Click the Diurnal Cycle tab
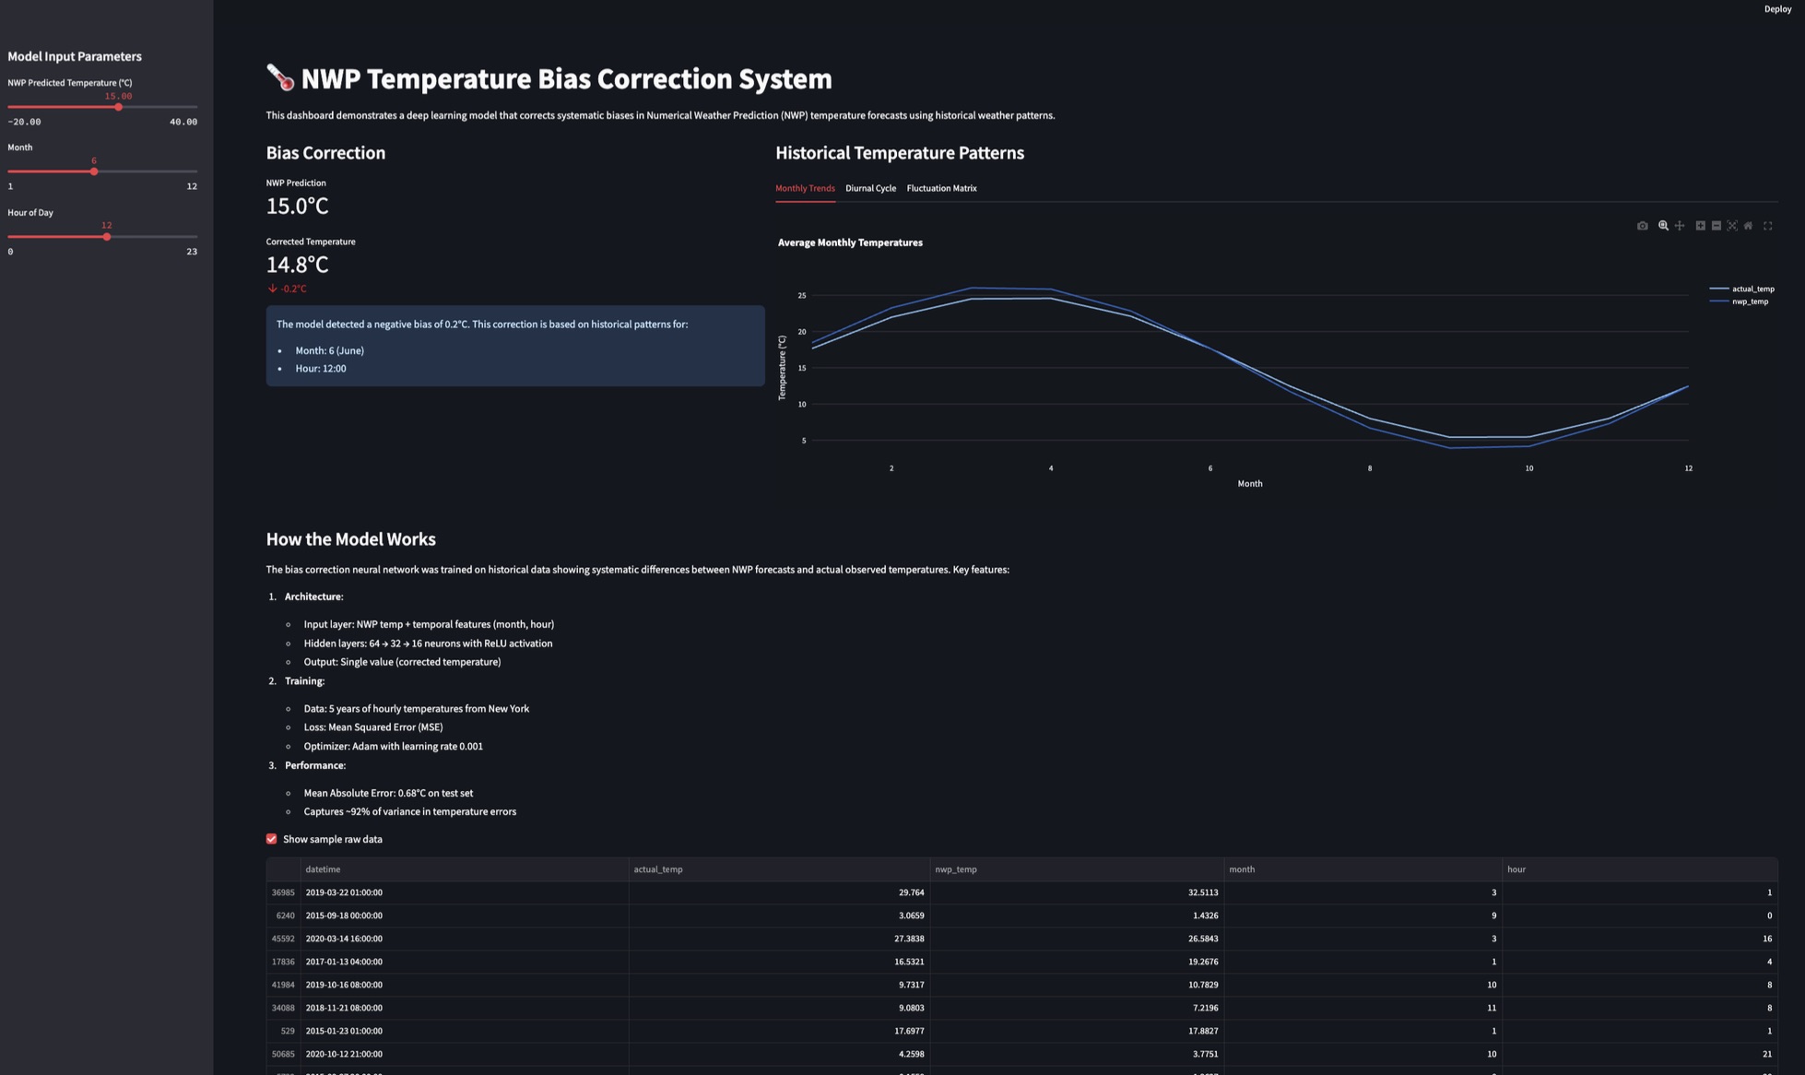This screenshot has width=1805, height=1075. point(870,188)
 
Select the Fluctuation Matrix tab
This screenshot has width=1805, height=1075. point(941,188)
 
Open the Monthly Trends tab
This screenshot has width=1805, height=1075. point(805,188)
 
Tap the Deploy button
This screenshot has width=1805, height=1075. point(1777,9)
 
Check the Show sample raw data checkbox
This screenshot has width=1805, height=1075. point(272,839)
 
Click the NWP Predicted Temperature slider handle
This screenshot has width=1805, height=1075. point(119,107)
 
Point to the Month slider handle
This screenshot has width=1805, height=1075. point(94,171)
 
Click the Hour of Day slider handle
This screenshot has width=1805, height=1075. point(107,237)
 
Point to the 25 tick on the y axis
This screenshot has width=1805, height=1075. point(802,296)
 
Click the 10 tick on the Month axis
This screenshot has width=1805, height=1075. point(1528,468)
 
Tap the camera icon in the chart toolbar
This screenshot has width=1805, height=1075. point(1642,226)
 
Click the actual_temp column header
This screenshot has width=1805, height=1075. point(658,869)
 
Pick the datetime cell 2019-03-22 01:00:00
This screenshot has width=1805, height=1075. point(344,892)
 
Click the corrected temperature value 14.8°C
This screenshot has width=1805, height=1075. point(297,265)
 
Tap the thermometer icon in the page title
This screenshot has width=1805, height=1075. point(280,77)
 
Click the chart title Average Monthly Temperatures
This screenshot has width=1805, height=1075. point(850,242)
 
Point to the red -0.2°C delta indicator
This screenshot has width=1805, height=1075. point(289,289)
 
